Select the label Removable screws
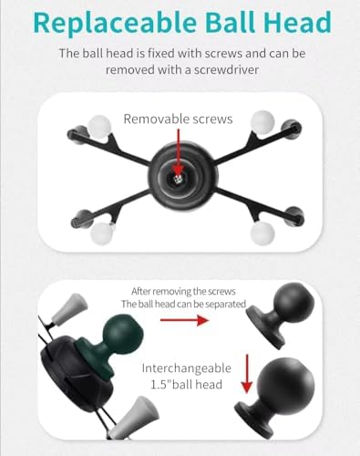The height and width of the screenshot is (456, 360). (x=180, y=119)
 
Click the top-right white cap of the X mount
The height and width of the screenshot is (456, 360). (x=262, y=121)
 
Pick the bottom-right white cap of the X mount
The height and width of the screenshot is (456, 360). (x=262, y=234)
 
